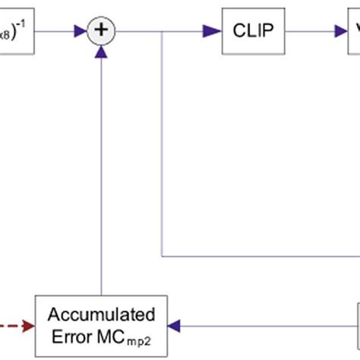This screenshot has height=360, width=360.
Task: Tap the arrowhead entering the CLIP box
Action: pyautogui.click(x=212, y=32)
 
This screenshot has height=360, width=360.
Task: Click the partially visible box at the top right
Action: pyautogui.click(x=353, y=32)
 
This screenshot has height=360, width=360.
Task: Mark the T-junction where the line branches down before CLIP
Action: pyautogui.click(x=163, y=32)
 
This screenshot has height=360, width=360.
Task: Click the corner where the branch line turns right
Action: pyautogui.click(x=163, y=255)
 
